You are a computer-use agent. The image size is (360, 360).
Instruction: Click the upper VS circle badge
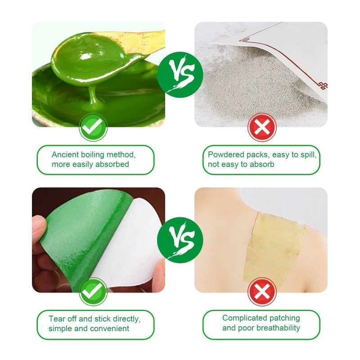180,75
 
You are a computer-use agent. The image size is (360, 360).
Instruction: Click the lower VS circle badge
180,240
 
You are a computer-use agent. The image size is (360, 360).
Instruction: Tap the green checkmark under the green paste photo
93,127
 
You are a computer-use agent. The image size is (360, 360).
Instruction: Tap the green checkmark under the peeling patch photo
93,291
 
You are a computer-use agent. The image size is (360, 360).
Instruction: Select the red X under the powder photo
262,127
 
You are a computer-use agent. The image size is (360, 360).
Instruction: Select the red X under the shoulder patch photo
262,292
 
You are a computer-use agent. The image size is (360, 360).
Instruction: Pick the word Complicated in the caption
241,319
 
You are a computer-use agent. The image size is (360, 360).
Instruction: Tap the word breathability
278,328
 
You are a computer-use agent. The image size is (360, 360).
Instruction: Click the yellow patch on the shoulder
274,247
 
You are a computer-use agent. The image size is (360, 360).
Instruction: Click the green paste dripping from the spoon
93,95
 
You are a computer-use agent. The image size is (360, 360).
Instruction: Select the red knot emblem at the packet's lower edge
323,85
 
